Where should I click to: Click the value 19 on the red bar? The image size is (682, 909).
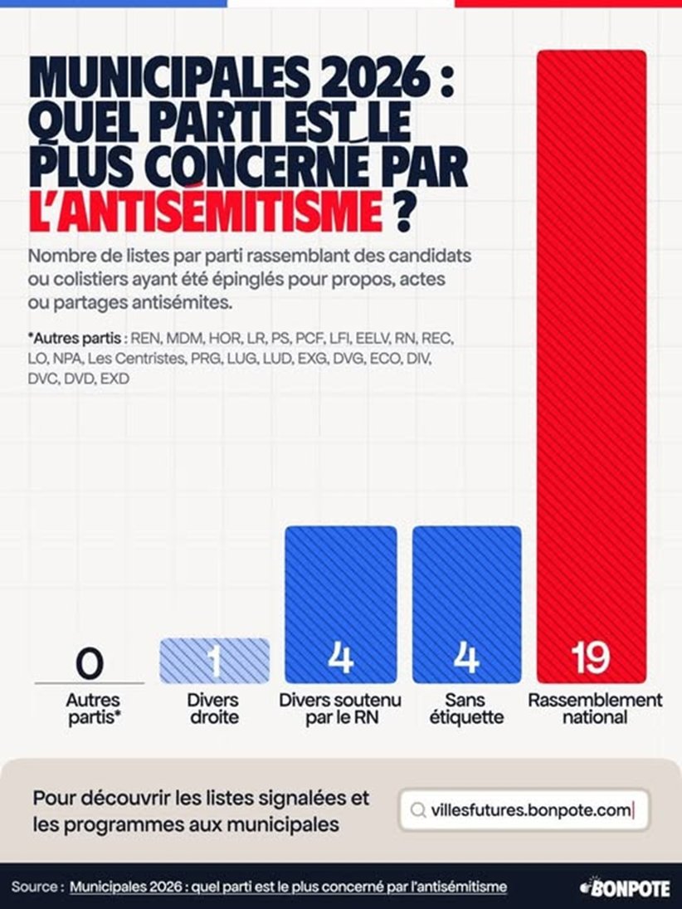pos(590,658)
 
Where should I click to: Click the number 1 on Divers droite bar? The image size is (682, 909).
pos(214,661)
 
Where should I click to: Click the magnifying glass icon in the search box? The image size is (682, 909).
pos(419,810)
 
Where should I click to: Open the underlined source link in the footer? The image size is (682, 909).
pos(288,887)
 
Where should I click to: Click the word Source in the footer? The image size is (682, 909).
pos(35,887)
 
